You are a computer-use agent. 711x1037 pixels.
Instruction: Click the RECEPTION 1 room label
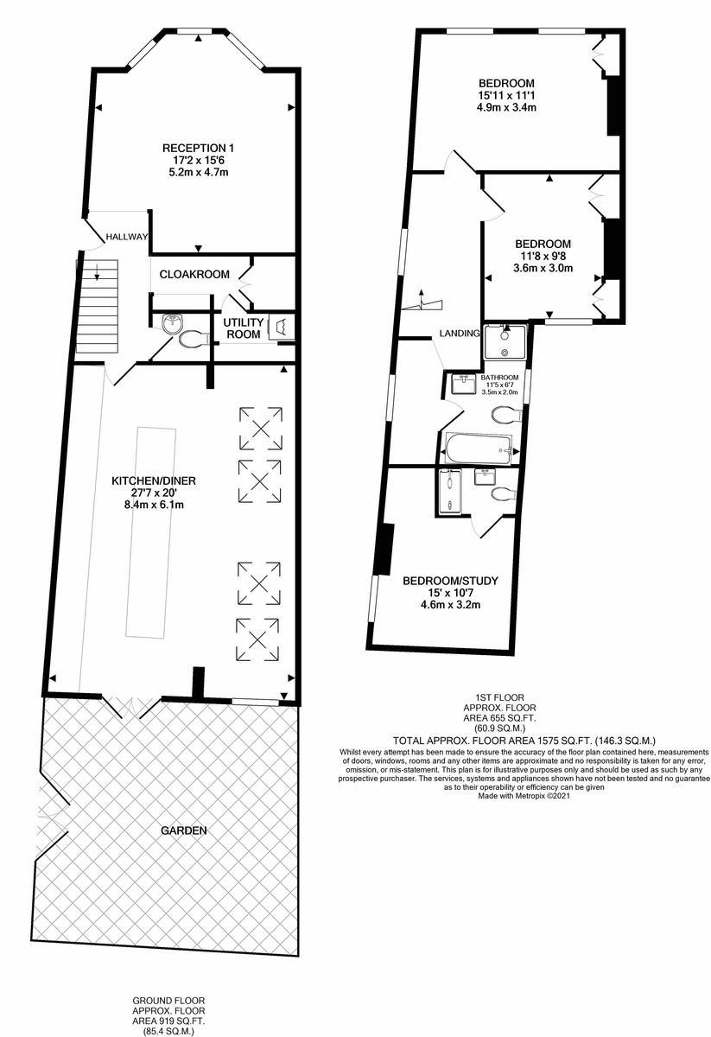[x=198, y=148]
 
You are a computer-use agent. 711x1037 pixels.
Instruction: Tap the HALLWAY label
[x=127, y=237]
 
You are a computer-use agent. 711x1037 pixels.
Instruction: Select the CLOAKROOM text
[x=194, y=275]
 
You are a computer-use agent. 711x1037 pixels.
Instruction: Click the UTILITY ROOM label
[x=244, y=328]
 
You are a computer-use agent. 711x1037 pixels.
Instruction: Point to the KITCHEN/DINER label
[x=154, y=480]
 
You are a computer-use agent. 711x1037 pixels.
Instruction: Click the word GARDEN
[x=184, y=830]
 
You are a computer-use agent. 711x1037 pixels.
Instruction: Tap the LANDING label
[x=460, y=333]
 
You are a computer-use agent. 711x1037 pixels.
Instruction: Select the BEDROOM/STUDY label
[x=450, y=581]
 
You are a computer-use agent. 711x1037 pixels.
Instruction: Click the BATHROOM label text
[x=499, y=378]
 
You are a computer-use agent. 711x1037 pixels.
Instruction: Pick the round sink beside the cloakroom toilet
[x=173, y=323]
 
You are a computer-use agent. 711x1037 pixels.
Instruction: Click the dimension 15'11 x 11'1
[x=506, y=95]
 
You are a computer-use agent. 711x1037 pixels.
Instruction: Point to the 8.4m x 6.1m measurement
[x=154, y=505]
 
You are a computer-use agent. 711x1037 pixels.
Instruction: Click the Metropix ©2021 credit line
[x=524, y=796]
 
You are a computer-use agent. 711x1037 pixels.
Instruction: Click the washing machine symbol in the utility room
[x=282, y=327]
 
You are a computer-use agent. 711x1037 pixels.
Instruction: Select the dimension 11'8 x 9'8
[x=543, y=256]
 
